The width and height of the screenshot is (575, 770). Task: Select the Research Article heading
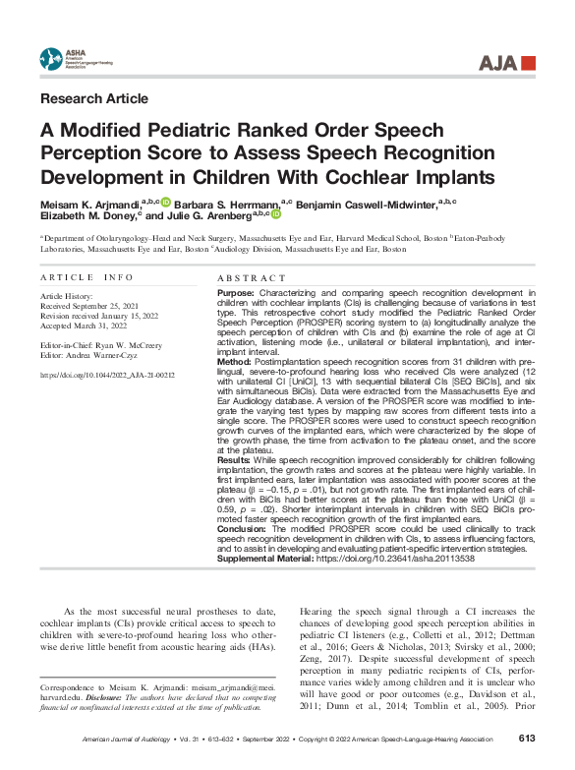pyautogui.click(x=94, y=98)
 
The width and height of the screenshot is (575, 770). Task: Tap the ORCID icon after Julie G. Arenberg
pyautogui.click(x=275, y=214)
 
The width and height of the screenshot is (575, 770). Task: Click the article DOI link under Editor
pyautogui.click(x=107, y=375)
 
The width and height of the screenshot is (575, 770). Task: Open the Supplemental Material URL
pyautogui.click(x=409, y=559)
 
